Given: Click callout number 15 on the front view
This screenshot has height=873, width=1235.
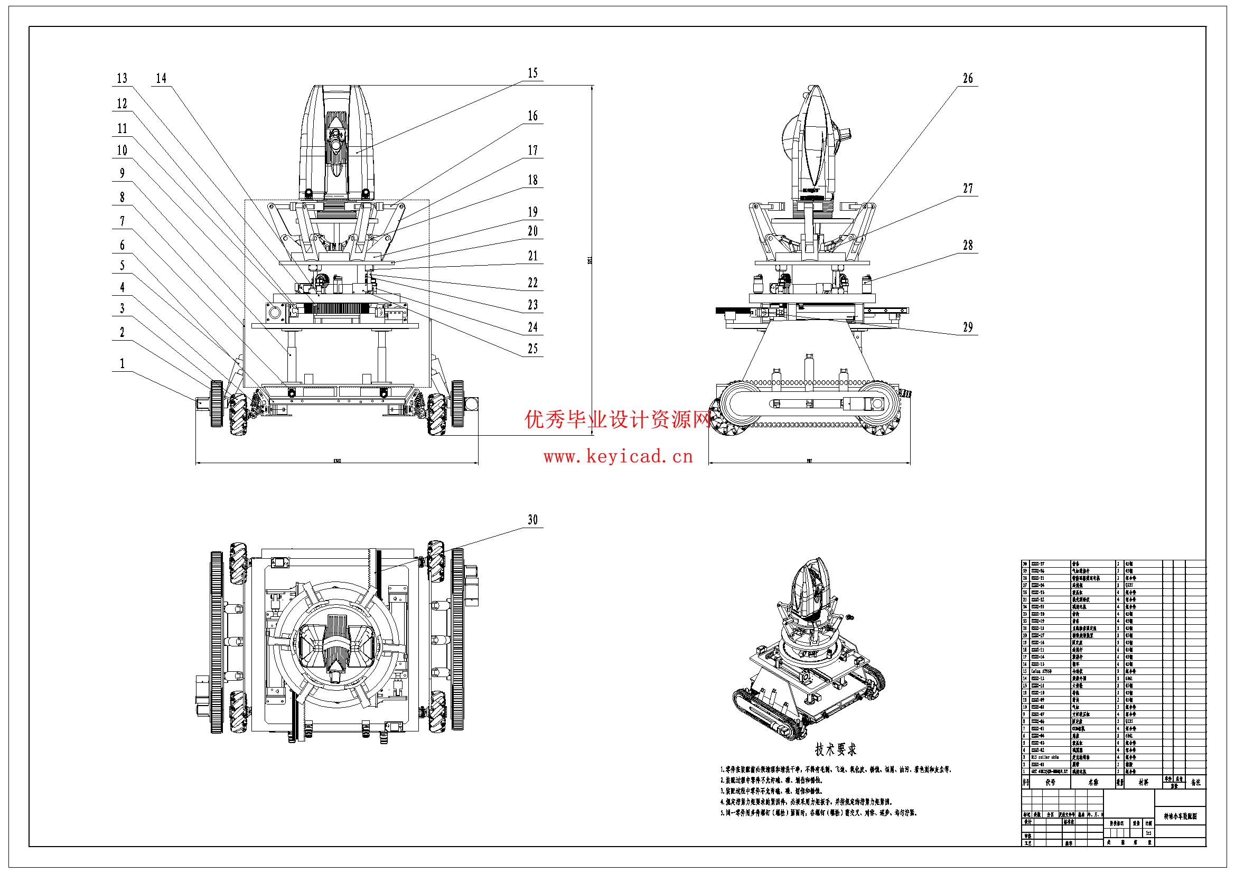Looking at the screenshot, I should [x=532, y=73].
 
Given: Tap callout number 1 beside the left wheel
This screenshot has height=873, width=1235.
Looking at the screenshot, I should [x=122, y=363].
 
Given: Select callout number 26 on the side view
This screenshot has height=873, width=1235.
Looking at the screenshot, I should [x=968, y=79].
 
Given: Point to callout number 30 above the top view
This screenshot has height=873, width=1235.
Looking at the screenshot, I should [x=532, y=520].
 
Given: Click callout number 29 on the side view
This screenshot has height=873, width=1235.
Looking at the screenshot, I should [x=968, y=327].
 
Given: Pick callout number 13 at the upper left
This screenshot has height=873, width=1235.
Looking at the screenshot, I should [x=122, y=79].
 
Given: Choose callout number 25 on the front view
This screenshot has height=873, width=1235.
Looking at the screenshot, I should [x=532, y=349].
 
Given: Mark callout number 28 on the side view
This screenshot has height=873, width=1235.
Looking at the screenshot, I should [x=968, y=245].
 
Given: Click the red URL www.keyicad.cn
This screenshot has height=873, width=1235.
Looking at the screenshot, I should [x=618, y=458].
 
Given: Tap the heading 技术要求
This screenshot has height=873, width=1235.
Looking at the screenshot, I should [x=835, y=749].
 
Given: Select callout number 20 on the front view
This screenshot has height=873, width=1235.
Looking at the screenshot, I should [x=532, y=231].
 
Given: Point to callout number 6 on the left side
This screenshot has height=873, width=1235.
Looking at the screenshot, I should [x=122, y=245].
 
